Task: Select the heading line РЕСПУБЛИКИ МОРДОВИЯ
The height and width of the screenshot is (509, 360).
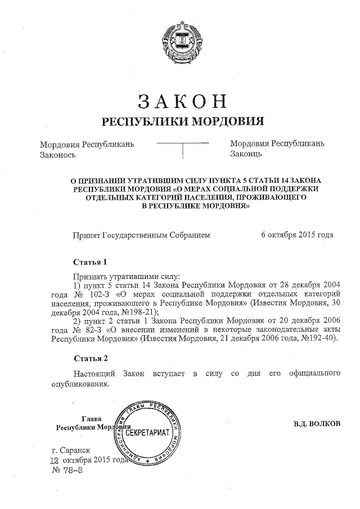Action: point(182,122)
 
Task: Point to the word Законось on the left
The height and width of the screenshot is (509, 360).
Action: point(58,154)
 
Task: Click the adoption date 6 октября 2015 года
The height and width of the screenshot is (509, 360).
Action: point(297,235)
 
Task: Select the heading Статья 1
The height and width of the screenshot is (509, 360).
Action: point(90,262)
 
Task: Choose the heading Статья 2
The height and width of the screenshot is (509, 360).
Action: point(90,358)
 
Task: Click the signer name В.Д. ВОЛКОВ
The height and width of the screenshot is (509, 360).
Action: point(317,423)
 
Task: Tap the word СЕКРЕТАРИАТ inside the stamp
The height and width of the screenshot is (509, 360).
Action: point(149,433)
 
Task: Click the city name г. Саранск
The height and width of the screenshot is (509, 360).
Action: point(70,450)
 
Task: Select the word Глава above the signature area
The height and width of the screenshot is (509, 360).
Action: point(92,418)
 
